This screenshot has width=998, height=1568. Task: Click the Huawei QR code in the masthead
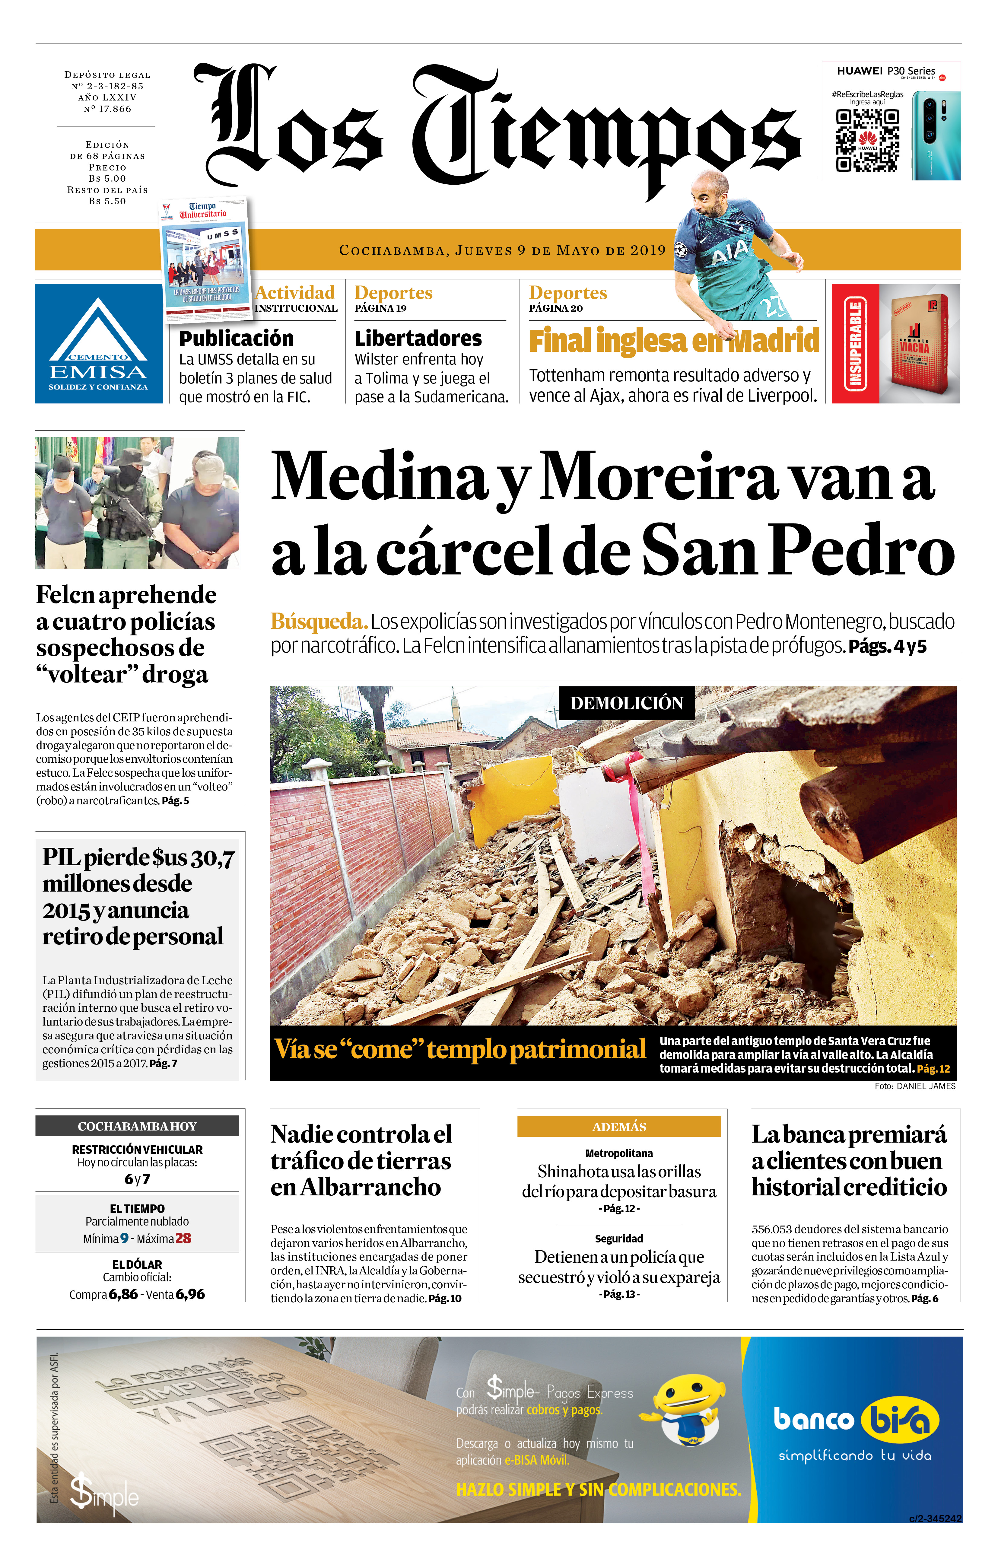click(867, 140)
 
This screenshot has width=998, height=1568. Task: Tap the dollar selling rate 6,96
click(190, 1294)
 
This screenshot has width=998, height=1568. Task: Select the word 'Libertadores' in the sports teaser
click(418, 339)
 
